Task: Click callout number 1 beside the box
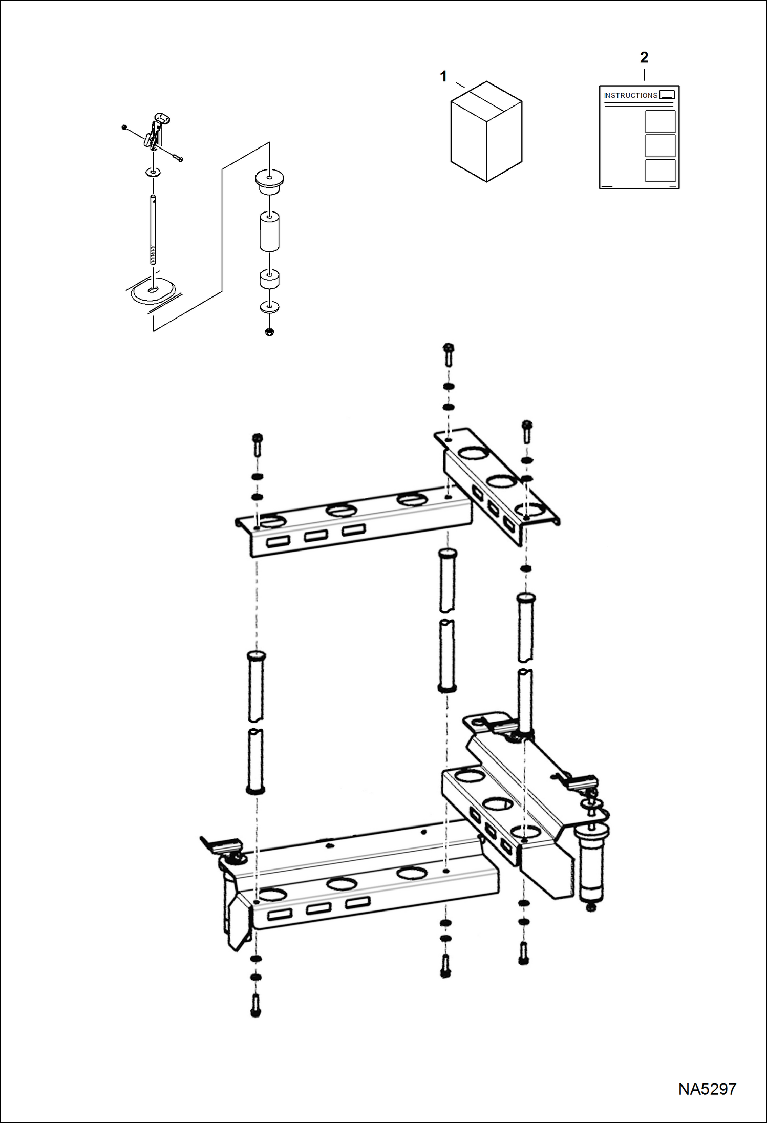point(443,76)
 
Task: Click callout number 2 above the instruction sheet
point(644,57)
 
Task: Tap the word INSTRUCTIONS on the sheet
point(630,95)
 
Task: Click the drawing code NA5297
point(707,1089)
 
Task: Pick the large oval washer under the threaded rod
point(153,292)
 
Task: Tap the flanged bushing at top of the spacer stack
point(269,182)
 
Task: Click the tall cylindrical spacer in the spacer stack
point(269,231)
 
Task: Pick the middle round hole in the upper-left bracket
point(341,510)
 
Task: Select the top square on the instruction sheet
point(660,122)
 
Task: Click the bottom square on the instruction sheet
point(660,171)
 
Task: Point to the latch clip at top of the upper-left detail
point(156,132)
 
